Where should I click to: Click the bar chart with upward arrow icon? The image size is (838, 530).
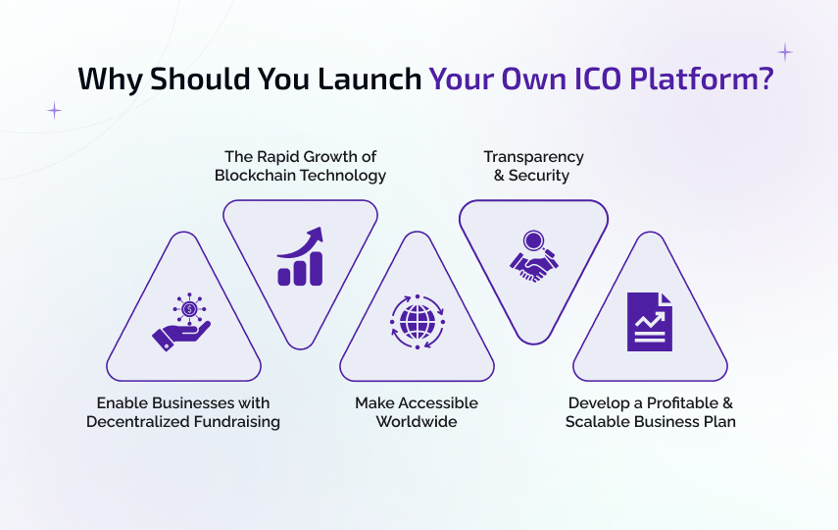(x=300, y=257)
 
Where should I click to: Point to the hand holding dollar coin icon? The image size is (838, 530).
(x=182, y=325)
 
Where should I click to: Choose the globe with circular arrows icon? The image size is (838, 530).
(x=417, y=322)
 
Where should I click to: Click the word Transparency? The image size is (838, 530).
(x=533, y=157)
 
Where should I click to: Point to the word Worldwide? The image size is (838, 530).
(x=417, y=422)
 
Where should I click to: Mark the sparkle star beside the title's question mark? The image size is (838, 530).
(x=784, y=53)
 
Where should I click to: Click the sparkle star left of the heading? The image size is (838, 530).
(x=54, y=111)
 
